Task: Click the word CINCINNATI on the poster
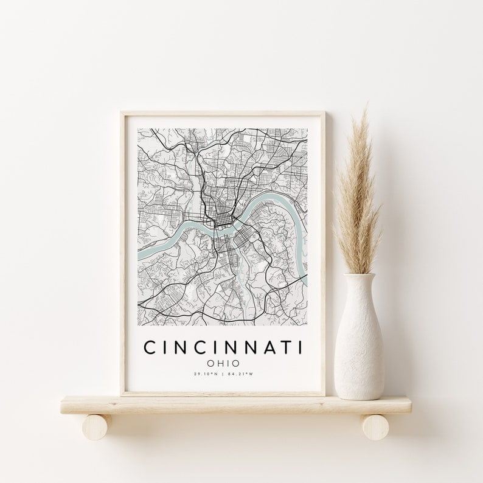(x=223, y=347)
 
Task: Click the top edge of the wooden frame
(x=223, y=113)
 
